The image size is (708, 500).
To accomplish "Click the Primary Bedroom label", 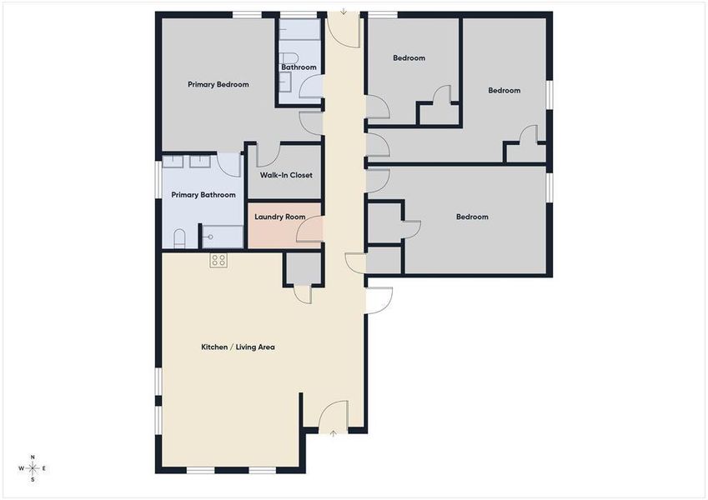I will pyautogui.click(x=218, y=84).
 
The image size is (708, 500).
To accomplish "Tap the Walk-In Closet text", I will pyautogui.click(x=286, y=176).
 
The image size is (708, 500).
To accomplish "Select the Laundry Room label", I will pyautogui.click(x=279, y=217).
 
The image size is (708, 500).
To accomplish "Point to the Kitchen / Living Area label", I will pyautogui.click(x=238, y=347).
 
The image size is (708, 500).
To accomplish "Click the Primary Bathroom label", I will pyautogui.click(x=203, y=195).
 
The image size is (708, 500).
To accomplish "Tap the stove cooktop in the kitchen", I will pyautogui.click(x=218, y=260).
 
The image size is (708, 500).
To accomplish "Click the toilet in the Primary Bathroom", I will pyautogui.click(x=179, y=240).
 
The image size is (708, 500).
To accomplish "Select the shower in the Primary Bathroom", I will pyautogui.click(x=222, y=237).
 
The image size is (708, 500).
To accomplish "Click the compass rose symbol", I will pyautogui.click(x=33, y=468).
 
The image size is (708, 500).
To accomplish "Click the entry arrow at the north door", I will pyautogui.click(x=343, y=12).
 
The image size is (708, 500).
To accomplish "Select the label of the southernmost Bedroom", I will pyautogui.click(x=471, y=217).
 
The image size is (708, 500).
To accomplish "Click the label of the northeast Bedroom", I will pyautogui.click(x=504, y=91).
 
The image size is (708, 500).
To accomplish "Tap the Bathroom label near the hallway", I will pyautogui.click(x=299, y=67).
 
